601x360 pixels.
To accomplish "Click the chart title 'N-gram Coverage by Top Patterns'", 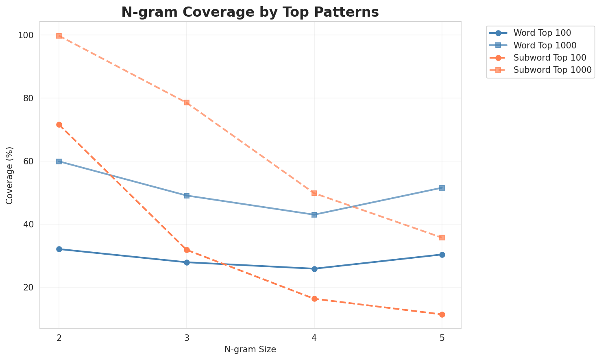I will coord(250,12).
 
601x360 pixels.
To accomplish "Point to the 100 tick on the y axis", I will coord(26,35).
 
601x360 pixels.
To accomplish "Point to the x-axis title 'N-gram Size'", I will coord(250,349).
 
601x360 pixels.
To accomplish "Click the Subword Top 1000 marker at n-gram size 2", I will coord(59,36).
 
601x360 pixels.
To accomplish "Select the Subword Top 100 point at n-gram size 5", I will coord(442,314).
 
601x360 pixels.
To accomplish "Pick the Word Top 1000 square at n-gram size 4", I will coord(314,215).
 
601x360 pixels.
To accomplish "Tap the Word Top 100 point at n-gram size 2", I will coord(59,249).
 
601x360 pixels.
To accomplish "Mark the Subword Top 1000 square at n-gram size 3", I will coord(187,103).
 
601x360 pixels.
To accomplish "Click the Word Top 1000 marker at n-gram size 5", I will coord(442,188).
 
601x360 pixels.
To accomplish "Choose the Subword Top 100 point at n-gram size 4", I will coord(314,299).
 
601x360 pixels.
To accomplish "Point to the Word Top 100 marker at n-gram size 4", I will coord(314,269).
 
